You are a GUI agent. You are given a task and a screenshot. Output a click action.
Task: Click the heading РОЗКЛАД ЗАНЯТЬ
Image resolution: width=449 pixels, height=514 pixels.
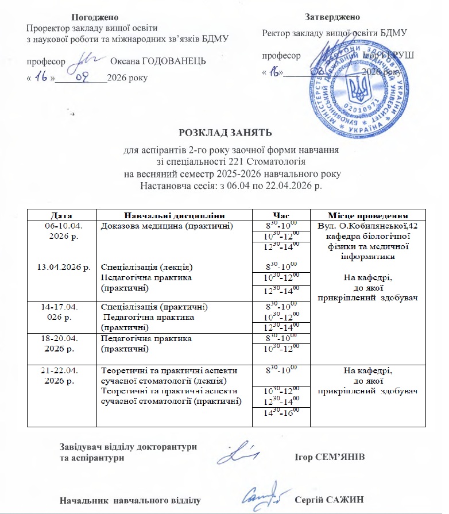click(x=225, y=133)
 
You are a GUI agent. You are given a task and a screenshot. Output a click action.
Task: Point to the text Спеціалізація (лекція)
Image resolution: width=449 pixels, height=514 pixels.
click(x=146, y=267)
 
